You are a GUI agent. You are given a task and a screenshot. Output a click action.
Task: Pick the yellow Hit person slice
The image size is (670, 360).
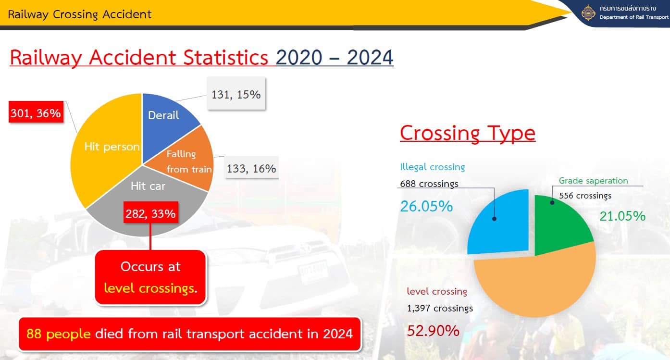pos(105,149)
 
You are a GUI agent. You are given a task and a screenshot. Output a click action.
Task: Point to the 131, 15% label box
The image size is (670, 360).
pos(236,93)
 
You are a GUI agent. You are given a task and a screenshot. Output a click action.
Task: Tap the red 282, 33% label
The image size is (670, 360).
pos(151,212)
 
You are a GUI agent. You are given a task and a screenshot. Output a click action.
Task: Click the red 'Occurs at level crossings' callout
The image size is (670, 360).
pos(150,277)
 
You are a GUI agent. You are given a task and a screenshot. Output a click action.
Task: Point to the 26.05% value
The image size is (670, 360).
pos(426,206)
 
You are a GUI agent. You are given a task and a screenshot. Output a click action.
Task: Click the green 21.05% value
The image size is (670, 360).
pos(622,216)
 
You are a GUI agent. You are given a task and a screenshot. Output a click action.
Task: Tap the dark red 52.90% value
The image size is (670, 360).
pos(433,331)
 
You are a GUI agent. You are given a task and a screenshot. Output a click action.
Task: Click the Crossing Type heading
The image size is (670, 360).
pos(468,133)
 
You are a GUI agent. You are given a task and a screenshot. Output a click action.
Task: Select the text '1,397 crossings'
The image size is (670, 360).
pos(440,308)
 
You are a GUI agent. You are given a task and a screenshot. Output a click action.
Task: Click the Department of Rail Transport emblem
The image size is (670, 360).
pos(588,13)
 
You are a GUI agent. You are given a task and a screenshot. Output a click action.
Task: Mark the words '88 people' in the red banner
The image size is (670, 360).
pos(58,334)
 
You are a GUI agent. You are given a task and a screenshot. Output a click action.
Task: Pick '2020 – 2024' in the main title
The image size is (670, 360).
pos(335,57)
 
